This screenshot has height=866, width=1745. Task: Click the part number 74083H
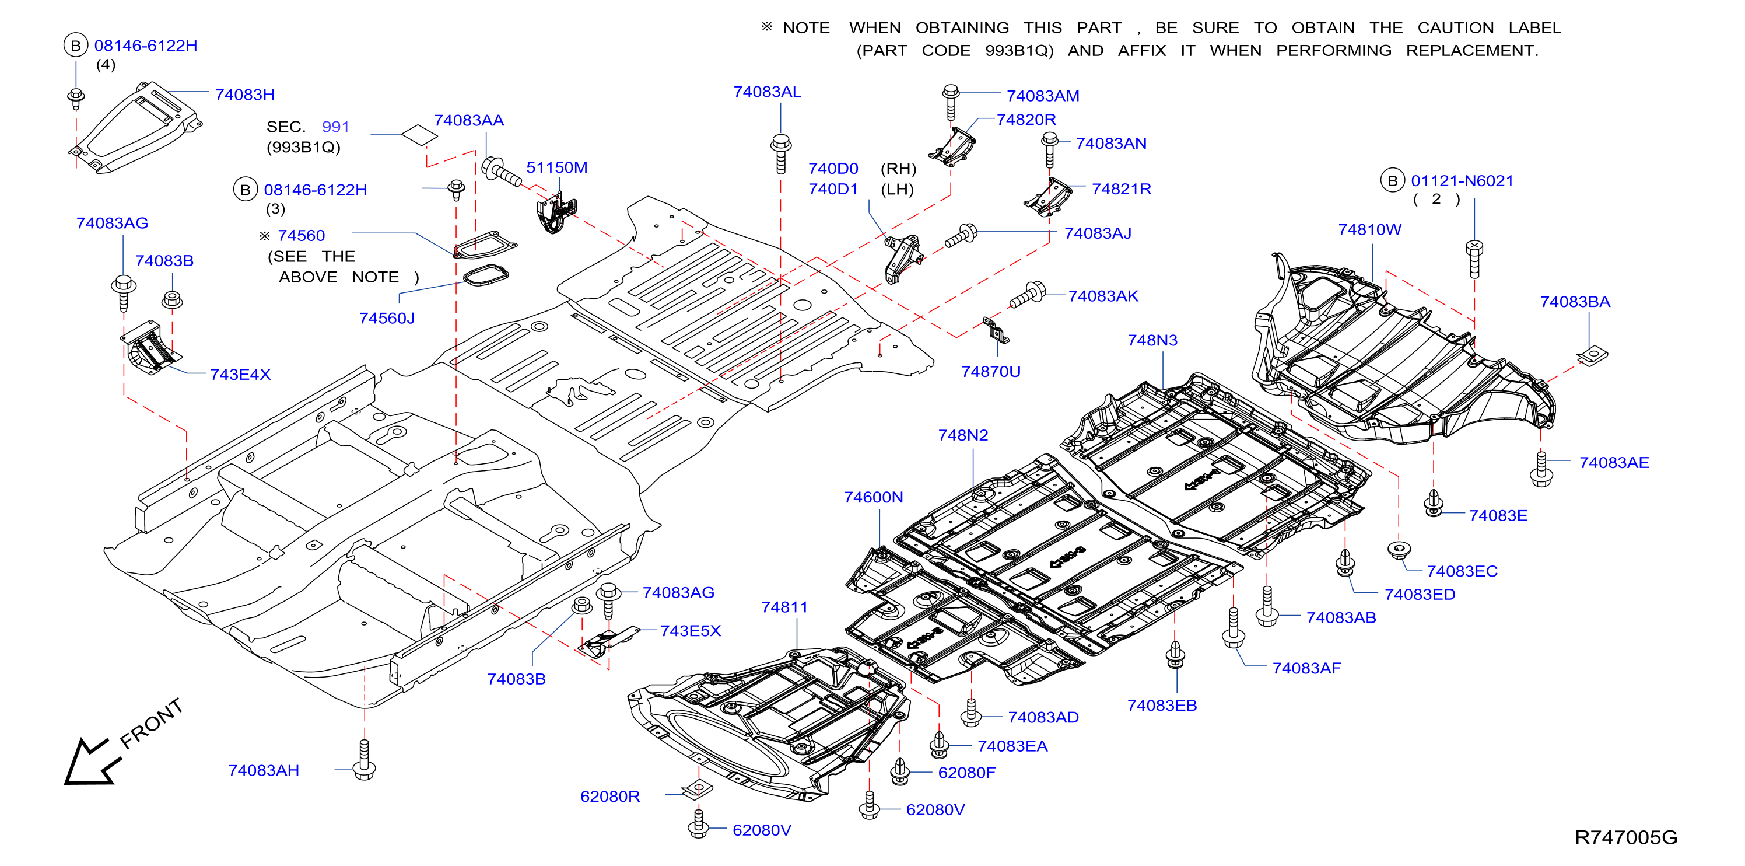coord(244,95)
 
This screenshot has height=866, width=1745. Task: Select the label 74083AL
coord(767,92)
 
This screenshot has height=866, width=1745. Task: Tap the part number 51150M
coord(557,167)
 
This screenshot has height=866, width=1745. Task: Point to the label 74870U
coord(990,371)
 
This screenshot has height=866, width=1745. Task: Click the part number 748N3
coord(1152,340)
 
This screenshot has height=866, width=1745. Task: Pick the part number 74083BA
coord(1575,302)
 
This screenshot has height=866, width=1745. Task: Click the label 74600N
coord(873,497)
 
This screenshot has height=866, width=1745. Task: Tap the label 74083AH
coord(264,770)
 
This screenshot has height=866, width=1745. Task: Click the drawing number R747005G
coord(1626,837)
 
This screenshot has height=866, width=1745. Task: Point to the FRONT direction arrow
coord(93,762)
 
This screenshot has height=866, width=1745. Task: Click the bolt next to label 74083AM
coord(951,102)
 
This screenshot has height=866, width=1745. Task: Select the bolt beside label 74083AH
coord(365,760)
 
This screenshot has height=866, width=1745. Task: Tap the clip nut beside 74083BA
coord(1593,354)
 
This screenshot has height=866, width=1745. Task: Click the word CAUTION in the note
coord(1456,28)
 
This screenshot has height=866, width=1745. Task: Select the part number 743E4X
coord(240,375)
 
